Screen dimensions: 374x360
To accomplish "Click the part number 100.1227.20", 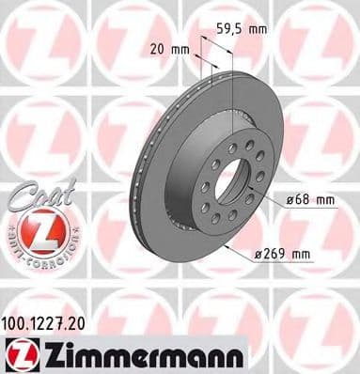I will pos(52,322).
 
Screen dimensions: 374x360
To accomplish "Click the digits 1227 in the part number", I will pos(53,322).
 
